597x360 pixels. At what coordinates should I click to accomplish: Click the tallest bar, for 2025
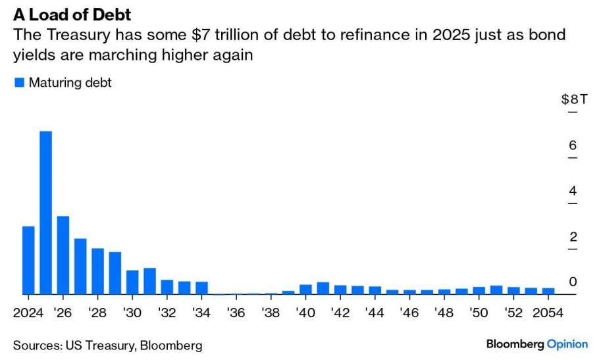[x=45, y=213]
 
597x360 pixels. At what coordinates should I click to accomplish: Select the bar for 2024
[x=28, y=260]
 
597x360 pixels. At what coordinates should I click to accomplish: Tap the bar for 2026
[x=63, y=255]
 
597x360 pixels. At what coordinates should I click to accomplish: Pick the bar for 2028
[x=97, y=271]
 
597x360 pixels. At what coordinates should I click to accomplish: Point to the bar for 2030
[x=132, y=282]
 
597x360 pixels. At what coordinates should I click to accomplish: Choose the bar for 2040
[x=305, y=290]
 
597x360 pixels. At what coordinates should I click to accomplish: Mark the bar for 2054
[x=548, y=291]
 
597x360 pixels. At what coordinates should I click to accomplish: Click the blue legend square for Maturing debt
[x=18, y=83]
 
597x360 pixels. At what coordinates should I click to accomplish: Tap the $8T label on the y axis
[x=574, y=99]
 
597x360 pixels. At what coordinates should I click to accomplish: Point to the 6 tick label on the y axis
[x=573, y=145]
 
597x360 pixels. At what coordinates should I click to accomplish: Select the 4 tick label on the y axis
[x=573, y=192]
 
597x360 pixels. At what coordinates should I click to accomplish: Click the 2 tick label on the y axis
[x=573, y=237]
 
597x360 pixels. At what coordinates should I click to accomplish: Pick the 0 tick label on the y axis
[x=573, y=282]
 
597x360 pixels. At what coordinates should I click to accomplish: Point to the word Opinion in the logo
[x=567, y=344]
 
